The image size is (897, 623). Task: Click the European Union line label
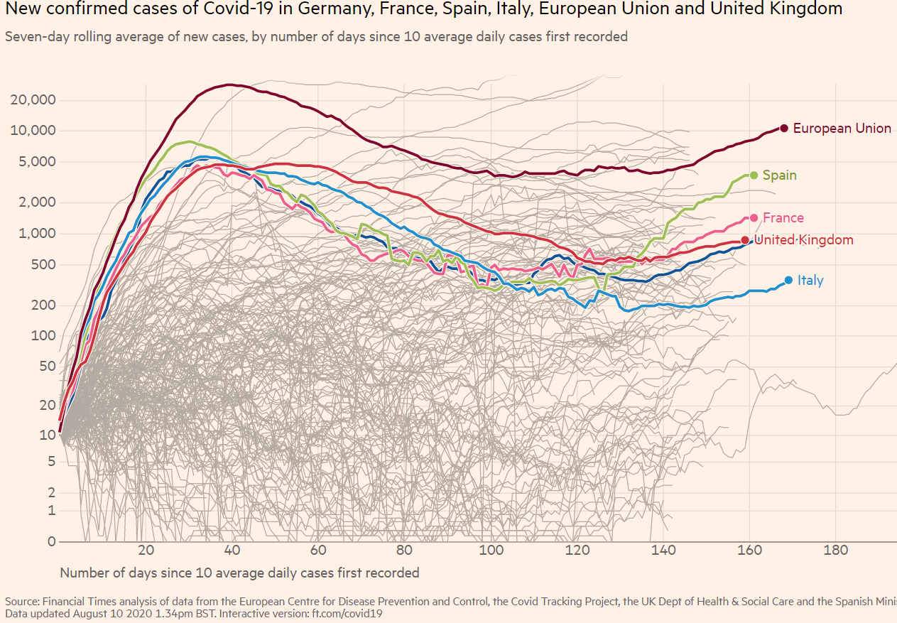pyautogui.click(x=842, y=129)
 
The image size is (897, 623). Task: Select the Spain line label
pyautogui.click(x=779, y=175)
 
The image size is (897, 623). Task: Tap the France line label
pyautogui.click(x=783, y=218)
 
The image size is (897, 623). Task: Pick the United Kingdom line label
pyautogui.click(x=803, y=240)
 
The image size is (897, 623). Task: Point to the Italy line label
pyautogui.click(x=810, y=281)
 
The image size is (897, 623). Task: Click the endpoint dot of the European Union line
pyautogui.click(x=784, y=128)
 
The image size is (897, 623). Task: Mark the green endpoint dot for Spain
pyautogui.click(x=754, y=175)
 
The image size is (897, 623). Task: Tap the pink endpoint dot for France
pyautogui.click(x=754, y=218)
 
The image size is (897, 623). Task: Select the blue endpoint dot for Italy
pyautogui.click(x=788, y=280)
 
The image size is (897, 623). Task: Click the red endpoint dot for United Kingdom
pyautogui.click(x=745, y=240)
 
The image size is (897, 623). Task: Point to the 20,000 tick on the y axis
pyautogui.click(x=33, y=99)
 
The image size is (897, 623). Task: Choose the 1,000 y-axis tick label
pyautogui.click(x=37, y=234)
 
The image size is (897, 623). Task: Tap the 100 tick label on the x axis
pyautogui.click(x=491, y=550)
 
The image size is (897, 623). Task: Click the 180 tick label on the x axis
pyautogui.click(x=835, y=550)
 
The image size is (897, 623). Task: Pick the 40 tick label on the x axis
pyautogui.click(x=232, y=550)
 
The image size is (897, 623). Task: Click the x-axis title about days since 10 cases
pyautogui.click(x=239, y=573)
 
